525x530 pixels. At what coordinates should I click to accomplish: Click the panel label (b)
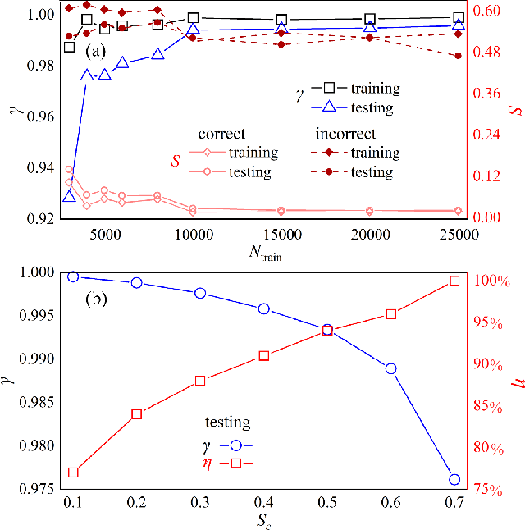(x=99, y=299)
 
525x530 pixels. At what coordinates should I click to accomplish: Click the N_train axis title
(x=263, y=251)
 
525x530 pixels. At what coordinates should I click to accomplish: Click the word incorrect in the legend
(x=345, y=134)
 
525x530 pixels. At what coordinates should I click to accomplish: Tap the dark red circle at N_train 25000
(x=458, y=56)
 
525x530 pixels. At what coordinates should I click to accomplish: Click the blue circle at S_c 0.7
(x=454, y=480)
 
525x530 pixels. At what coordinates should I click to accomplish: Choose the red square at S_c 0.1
(x=73, y=473)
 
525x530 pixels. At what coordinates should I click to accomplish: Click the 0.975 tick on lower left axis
(x=36, y=490)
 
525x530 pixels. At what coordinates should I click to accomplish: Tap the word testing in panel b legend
(x=227, y=423)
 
